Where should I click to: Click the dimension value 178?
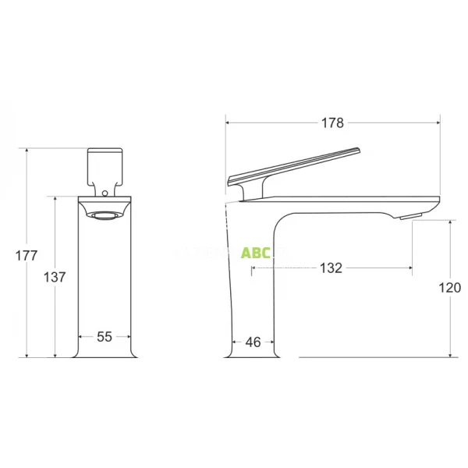point(332,122)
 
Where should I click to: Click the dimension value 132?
point(331,268)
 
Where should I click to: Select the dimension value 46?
point(253,342)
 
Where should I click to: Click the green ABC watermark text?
point(255,253)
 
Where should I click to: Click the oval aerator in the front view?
point(105,214)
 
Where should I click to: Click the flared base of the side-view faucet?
point(252,353)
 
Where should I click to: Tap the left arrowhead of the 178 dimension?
point(228,122)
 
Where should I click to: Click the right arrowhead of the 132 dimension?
point(410,268)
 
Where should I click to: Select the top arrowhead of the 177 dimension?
point(27,150)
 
